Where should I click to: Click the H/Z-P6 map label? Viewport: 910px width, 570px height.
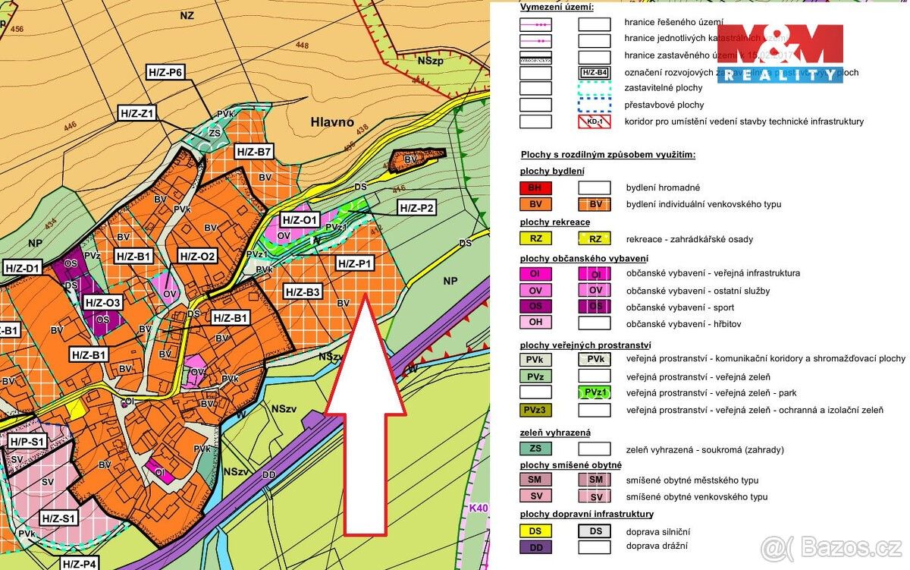(165, 73)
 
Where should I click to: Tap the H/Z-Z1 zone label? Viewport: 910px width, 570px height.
(138, 114)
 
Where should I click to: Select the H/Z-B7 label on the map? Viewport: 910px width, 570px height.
(254, 152)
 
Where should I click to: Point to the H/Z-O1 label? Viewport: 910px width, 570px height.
(299, 221)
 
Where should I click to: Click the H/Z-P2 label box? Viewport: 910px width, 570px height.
(416, 208)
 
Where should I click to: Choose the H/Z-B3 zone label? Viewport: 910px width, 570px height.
(303, 291)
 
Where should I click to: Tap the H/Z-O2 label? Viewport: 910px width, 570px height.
(197, 257)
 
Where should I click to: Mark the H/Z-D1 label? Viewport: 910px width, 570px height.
(22, 268)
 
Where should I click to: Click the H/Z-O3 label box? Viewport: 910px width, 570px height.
(103, 303)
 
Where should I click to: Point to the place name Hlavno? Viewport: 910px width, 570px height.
(332, 121)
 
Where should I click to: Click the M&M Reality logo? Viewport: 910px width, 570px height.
(780, 53)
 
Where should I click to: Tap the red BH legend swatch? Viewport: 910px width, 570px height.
(535, 187)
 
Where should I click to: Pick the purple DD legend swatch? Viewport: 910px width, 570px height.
(535, 547)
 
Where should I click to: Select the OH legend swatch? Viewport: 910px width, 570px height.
(535, 323)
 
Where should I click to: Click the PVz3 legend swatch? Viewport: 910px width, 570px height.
(535, 411)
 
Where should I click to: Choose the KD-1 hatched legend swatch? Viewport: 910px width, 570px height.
(595, 121)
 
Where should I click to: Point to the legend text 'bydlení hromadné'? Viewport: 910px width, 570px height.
(663, 187)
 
